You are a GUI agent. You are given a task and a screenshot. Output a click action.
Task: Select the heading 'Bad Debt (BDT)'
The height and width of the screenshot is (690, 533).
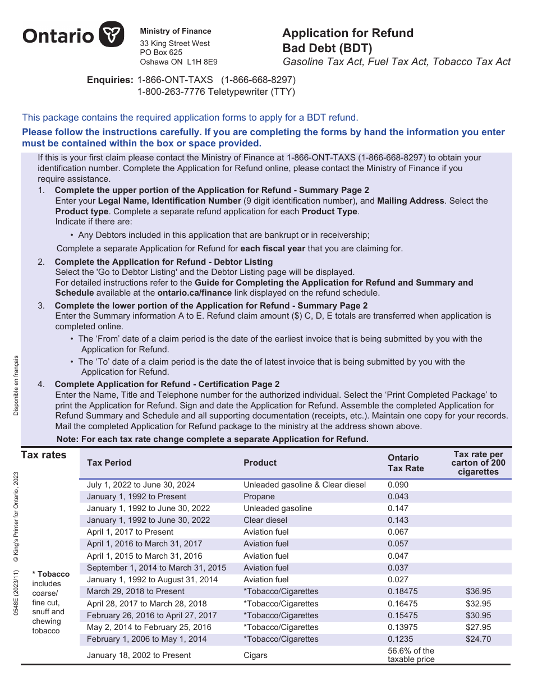click(x=327, y=48)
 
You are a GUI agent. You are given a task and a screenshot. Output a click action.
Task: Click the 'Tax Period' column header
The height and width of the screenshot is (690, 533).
click(x=109, y=463)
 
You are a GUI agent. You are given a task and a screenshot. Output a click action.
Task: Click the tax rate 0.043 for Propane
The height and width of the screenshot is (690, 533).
click(x=398, y=496)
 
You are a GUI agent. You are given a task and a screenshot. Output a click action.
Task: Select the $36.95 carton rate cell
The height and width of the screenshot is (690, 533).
click(x=478, y=591)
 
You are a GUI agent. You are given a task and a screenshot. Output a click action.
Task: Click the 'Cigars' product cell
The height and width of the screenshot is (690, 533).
click(x=255, y=655)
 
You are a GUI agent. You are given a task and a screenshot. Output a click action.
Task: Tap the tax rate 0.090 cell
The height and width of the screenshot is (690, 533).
click(x=398, y=485)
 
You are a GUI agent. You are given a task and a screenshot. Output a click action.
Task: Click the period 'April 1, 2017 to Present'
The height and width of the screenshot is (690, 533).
click(x=130, y=532)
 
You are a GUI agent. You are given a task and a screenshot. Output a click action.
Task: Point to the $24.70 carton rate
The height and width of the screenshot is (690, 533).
click(x=478, y=639)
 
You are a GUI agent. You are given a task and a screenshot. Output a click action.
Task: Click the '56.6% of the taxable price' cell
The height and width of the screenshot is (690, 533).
click(x=411, y=655)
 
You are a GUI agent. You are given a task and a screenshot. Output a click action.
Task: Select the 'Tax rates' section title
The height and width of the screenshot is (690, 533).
click(x=43, y=455)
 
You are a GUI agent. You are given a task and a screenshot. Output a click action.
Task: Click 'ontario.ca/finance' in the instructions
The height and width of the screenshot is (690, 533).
click(x=194, y=293)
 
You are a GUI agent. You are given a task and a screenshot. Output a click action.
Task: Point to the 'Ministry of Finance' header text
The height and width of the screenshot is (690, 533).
click(x=175, y=31)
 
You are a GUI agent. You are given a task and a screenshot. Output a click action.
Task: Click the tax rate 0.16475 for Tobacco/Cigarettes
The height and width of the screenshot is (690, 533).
click(x=402, y=604)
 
